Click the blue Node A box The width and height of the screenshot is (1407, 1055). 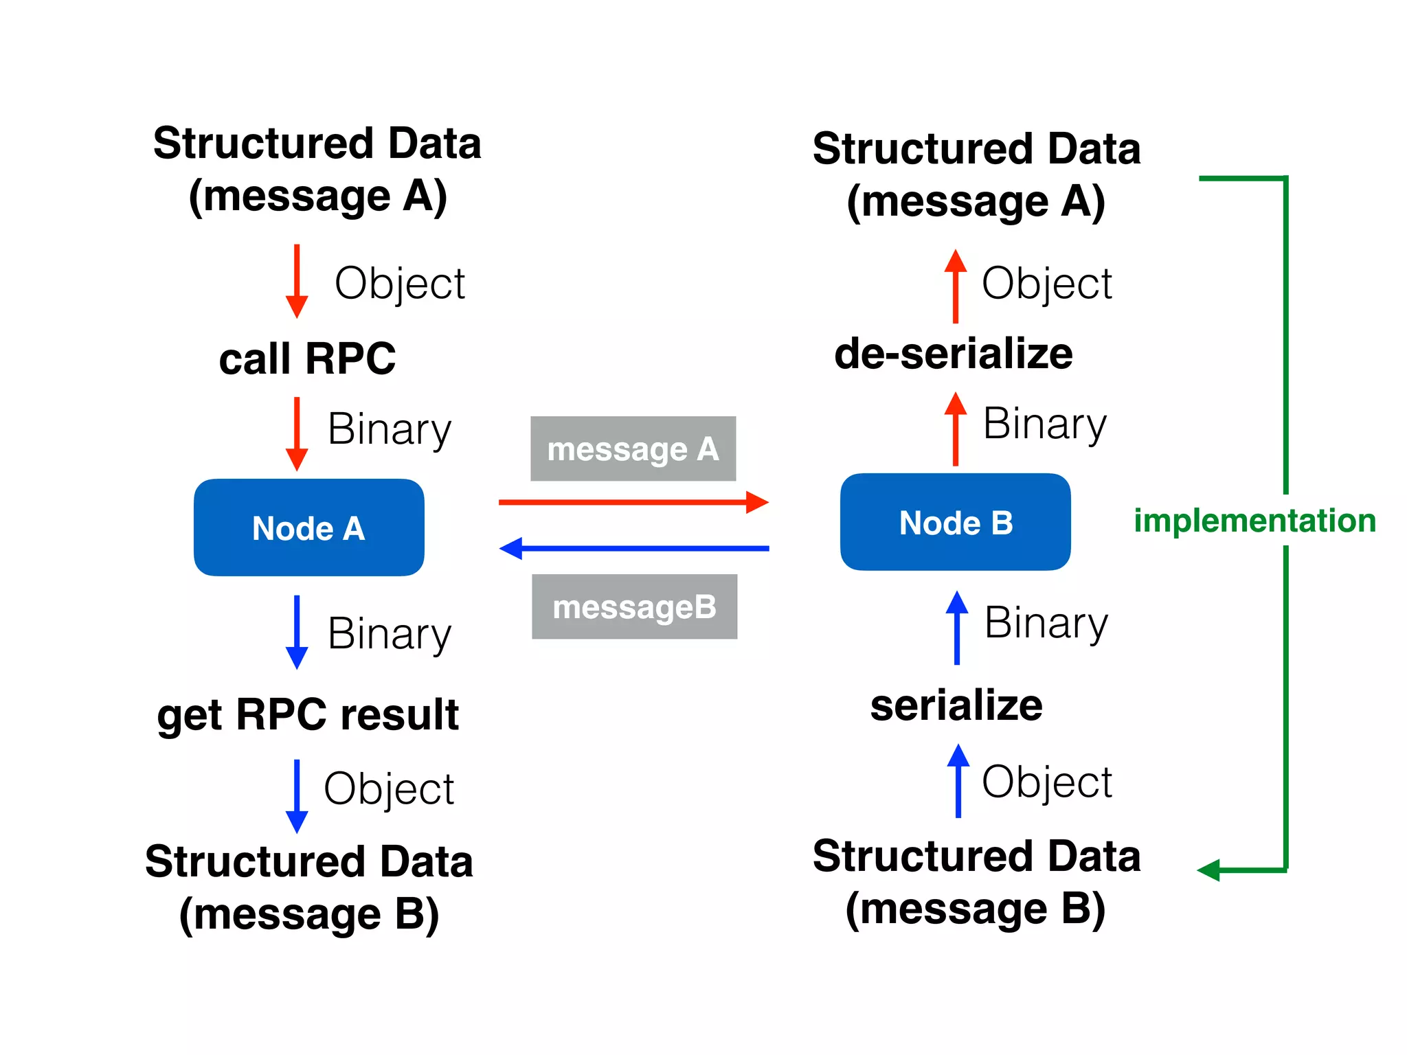(x=308, y=527)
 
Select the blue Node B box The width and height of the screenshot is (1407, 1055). (x=955, y=522)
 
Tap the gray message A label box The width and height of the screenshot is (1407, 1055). (x=633, y=449)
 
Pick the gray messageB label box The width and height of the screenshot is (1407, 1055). (x=634, y=606)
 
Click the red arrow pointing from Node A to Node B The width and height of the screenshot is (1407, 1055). (x=632, y=502)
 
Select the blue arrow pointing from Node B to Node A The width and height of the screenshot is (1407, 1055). (x=632, y=548)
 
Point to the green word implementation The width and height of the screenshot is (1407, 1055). (x=1254, y=520)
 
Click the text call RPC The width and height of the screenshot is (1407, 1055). (x=307, y=358)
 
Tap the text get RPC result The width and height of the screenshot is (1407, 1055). (x=307, y=714)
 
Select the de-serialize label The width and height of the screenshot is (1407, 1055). (x=953, y=353)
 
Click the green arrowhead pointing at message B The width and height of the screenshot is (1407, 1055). (x=1209, y=870)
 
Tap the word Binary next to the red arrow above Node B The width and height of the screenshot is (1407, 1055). (x=1044, y=423)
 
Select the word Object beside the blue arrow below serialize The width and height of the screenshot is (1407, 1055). (x=1046, y=782)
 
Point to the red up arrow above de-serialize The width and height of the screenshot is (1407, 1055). (x=955, y=286)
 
